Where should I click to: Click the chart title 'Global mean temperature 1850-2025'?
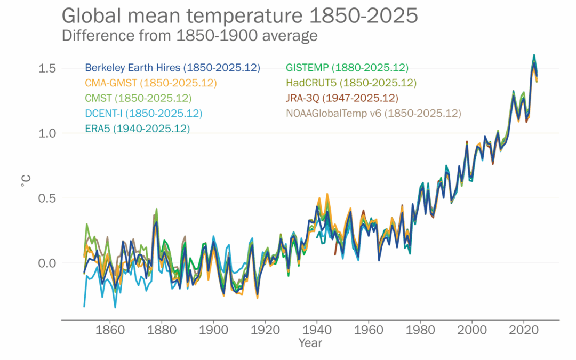pyautogui.click(x=239, y=16)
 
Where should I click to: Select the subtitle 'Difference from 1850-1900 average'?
pyautogui.click(x=190, y=36)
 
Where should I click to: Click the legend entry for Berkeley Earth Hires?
pyautogui.click(x=172, y=68)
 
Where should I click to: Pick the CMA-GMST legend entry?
pyautogui.click(x=151, y=83)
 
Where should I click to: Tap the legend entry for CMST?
pyautogui.click(x=138, y=98)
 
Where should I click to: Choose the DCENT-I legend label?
pyautogui.click(x=143, y=114)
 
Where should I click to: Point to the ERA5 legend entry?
pyautogui.click(x=137, y=129)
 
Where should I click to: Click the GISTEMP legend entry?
pyautogui.click(x=347, y=68)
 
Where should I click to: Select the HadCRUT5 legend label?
pyautogui.click(x=351, y=83)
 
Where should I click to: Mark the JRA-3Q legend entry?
pyautogui.click(x=342, y=98)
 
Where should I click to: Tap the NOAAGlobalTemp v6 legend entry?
pyautogui.click(x=373, y=114)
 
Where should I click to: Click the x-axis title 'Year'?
pyautogui.click(x=310, y=343)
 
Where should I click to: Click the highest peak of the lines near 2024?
pyautogui.click(x=534, y=55)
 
